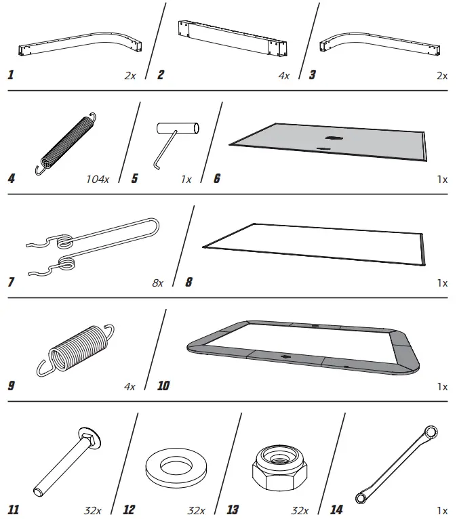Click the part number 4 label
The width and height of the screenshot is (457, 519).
pyautogui.click(x=11, y=180)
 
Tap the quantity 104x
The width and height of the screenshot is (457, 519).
pyautogui.click(x=98, y=180)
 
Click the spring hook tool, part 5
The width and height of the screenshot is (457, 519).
pyautogui.click(x=173, y=138)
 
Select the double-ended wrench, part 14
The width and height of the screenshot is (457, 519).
pyautogui.click(x=398, y=465)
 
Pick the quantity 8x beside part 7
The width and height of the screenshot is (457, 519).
pyautogui.click(x=157, y=283)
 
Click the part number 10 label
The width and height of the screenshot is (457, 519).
pyautogui.click(x=163, y=386)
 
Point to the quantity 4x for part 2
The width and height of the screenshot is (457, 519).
pyautogui.click(x=283, y=76)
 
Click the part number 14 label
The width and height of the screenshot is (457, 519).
pyautogui.click(x=336, y=510)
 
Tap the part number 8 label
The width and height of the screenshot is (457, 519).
pyautogui.click(x=188, y=283)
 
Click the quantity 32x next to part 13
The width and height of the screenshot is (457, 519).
pyautogui.click(x=299, y=510)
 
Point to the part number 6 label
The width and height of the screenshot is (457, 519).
pyautogui.click(x=216, y=180)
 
